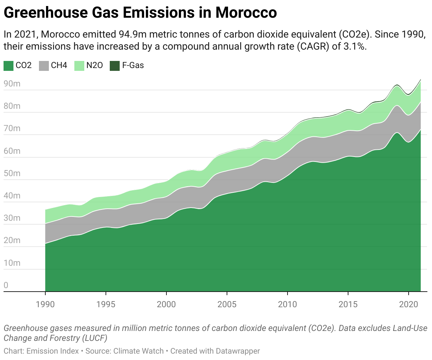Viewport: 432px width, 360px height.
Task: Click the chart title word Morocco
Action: pos(246,13)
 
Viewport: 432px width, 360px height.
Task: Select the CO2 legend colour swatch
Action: pos(8,66)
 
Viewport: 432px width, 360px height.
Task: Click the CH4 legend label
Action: pos(59,66)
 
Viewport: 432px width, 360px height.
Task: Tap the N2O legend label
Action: pos(95,66)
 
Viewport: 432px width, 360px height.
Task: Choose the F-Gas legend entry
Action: pos(133,66)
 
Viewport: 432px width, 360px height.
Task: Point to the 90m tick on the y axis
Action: pos(12,84)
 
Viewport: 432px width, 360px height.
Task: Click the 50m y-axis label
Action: pos(12,174)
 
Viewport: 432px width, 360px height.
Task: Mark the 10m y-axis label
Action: pos(12,263)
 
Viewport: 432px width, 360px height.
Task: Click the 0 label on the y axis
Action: pos(6,285)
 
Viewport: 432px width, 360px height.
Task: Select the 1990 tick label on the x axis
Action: pos(45,304)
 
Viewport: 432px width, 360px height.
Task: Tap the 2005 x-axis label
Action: pos(227,304)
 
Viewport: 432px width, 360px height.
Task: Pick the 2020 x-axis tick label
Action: pos(409,304)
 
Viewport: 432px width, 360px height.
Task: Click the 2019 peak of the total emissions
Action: pos(397,85)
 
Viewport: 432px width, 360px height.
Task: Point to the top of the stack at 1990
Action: pos(46,210)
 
